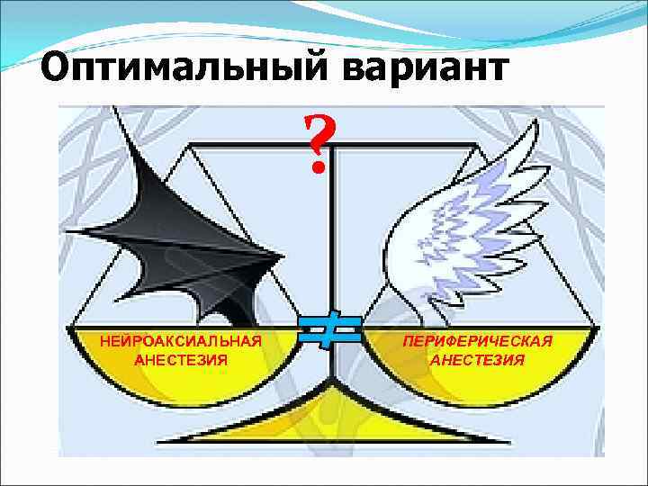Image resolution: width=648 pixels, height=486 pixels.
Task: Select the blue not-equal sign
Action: pyautogui.click(x=330, y=330)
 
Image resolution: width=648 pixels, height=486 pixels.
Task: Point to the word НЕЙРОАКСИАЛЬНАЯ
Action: pyautogui.click(x=181, y=341)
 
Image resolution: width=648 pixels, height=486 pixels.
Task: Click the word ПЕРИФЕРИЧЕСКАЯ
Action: pyautogui.click(x=477, y=342)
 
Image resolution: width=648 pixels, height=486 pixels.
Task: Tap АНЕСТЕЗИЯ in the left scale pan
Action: pyautogui.click(x=181, y=359)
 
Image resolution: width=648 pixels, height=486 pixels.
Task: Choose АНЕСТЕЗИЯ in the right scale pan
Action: pyautogui.click(x=477, y=360)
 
